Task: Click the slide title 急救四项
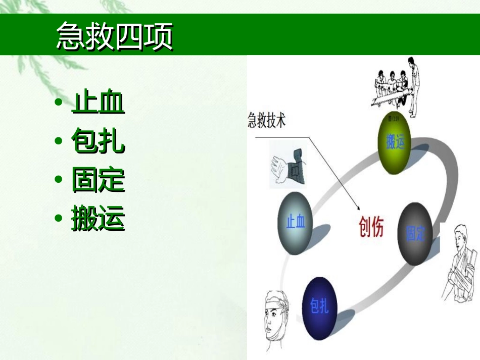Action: (114, 36)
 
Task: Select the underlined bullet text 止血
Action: (98, 103)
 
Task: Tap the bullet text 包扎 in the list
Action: (98, 141)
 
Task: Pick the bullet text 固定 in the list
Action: (98, 180)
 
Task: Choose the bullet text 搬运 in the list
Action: (98, 219)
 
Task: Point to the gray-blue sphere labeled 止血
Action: (296, 223)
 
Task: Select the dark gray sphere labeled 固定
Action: (416, 233)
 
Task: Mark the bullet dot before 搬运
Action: (59, 219)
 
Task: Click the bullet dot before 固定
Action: (59, 180)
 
